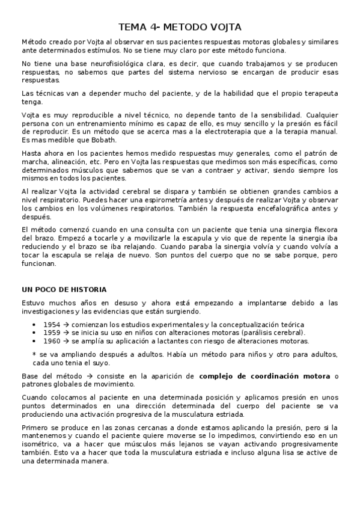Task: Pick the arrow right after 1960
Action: tap(67, 340)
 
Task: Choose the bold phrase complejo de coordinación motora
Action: tap(265, 376)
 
